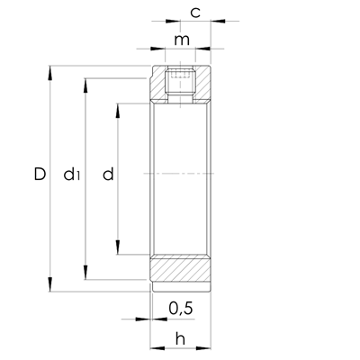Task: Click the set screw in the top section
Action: (181, 84)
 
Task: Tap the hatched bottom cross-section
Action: (181, 271)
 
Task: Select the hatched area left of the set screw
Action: (159, 85)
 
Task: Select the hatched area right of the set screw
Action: (203, 85)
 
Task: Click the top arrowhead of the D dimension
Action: (51, 69)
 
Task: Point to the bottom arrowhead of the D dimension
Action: (51, 286)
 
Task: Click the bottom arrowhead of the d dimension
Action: (120, 254)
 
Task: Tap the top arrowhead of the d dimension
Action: (120, 108)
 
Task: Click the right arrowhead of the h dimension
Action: (207, 347)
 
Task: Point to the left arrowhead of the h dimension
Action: (154, 347)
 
